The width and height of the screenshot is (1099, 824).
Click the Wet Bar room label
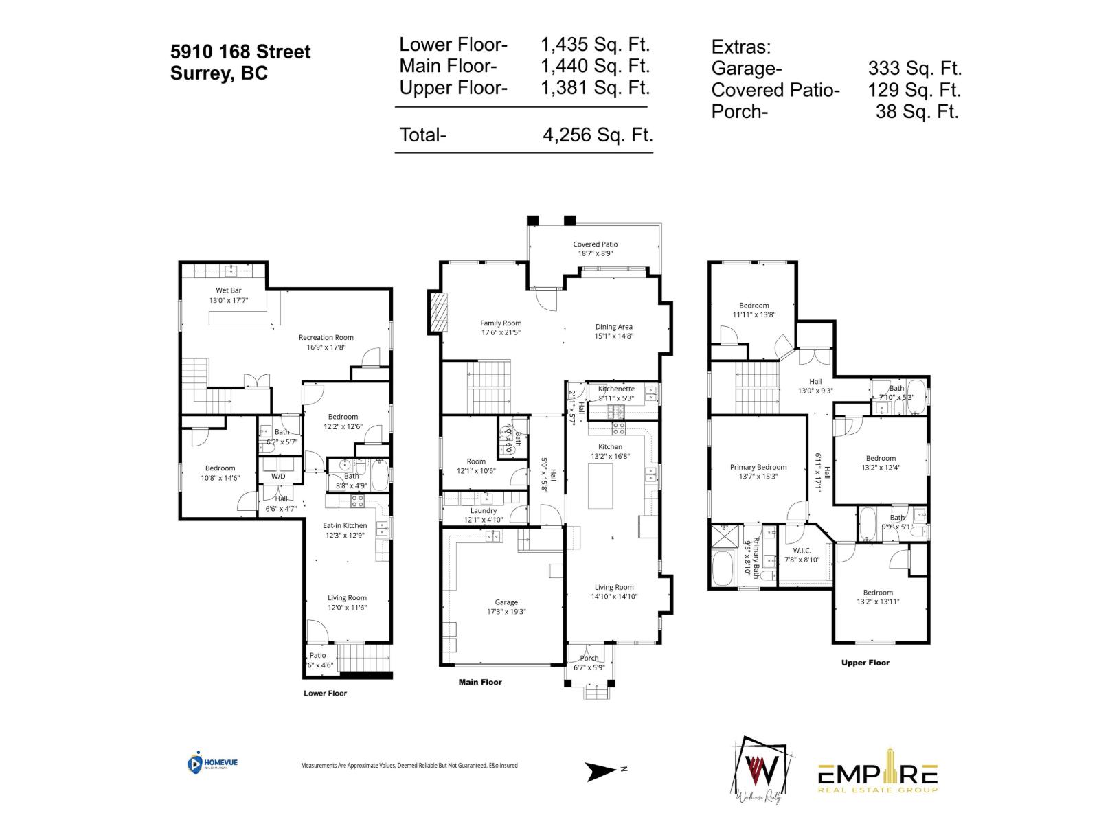tap(229, 290)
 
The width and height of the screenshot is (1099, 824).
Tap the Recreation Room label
tap(326, 337)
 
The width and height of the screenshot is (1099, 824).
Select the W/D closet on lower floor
tap(279, 476)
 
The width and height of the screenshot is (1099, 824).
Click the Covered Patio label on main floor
tap(596, 244)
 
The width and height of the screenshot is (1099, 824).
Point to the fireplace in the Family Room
tap(438, 312)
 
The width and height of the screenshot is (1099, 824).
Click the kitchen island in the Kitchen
tap(600, 485)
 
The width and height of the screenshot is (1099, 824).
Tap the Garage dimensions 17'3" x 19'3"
tap(506, 612)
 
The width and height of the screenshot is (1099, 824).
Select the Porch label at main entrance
tap(589, 658)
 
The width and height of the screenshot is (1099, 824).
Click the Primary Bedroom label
tap(758, 467)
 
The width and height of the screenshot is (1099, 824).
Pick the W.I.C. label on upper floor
tap(802, 551)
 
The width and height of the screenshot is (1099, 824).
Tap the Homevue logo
tap(212, 763)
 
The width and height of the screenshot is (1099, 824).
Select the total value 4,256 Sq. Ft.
tap(597, 135)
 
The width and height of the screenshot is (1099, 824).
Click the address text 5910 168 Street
tap(240, 51)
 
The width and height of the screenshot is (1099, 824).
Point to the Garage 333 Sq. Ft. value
tap(914, 68)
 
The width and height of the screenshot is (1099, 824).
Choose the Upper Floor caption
tap(865, 663)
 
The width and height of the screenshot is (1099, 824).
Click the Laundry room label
tap(484, 511)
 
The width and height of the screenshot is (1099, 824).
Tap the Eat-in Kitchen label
tap(345, 525)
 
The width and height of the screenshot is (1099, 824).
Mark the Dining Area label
tap(613, 327)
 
